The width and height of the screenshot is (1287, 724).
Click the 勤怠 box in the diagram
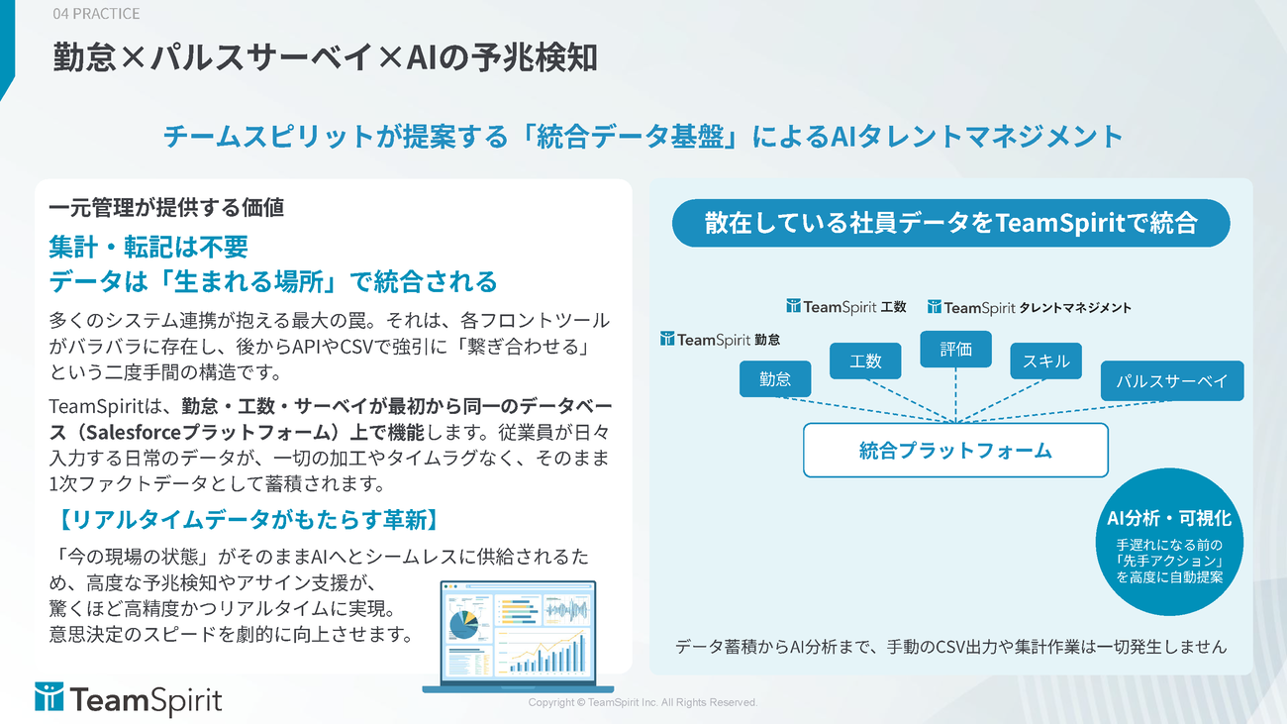tap(775, 378)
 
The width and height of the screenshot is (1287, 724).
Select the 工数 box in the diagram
tap(865, 361)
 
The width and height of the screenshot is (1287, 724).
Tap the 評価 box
tap(955, 349)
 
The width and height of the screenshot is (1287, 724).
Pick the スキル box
tap(1045, 361)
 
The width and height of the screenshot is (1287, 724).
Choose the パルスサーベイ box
tap(1172, 380)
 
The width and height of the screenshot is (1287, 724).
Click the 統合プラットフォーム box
tap(955, 450)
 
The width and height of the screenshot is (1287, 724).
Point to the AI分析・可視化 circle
tap(1169, 542)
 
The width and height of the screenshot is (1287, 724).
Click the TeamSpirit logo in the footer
tap(128, 699)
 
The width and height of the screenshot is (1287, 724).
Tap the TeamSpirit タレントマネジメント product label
tap(1029, 307)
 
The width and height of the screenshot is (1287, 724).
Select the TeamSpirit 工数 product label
tap(846, 306)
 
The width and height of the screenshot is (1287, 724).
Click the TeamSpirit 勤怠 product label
tap(720, 339)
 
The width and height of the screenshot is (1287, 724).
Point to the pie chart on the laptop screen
tap(463, 624)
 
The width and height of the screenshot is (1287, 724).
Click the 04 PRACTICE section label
tap(96, 13)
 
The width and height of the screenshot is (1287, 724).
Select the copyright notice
tap(643, 702)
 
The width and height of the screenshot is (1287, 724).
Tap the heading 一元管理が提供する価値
tap(166, 207)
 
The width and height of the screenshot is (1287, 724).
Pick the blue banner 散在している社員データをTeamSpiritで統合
tap(950, 223)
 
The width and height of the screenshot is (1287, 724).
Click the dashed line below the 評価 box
tap(955, 395)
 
